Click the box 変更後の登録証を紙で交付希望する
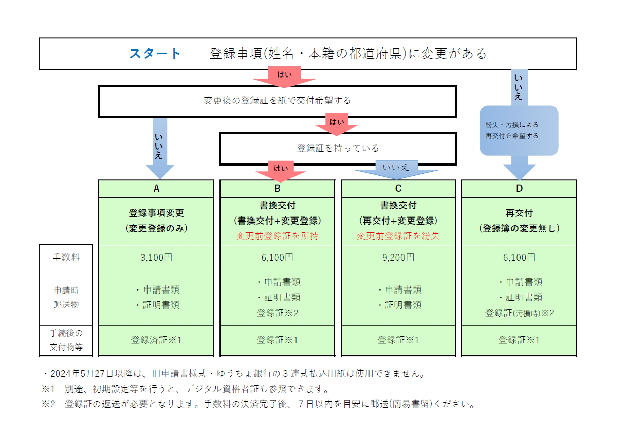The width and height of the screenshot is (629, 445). (x=277, y=101)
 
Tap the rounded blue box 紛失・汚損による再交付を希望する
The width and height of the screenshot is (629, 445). (x=519, y=131)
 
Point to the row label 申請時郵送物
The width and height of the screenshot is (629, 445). (x=66, y=298)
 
